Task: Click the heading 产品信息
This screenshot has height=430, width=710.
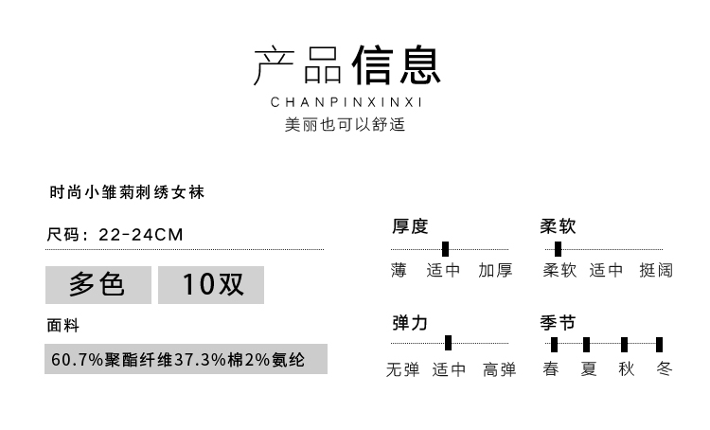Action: tap(346, 66)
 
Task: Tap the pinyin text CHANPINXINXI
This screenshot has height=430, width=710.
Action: tap(346, 102)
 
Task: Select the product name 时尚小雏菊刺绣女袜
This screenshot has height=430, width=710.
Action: tap(127, 191)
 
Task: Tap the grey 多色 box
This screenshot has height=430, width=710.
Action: tap(98, 284)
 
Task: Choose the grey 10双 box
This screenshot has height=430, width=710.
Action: tap(210, 284)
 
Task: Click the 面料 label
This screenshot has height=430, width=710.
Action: tap(62, 325)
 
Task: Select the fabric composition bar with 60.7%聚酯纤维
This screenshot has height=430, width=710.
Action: tap(186, 360)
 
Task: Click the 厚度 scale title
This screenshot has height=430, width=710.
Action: tap(410, 226)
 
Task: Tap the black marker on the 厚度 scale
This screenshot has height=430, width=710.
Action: tap(445, 249)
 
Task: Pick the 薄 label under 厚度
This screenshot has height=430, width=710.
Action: tap(399, 271)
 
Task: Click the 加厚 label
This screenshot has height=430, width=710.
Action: tap(495, 271)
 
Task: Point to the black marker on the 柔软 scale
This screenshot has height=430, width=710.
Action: tap(558, 249)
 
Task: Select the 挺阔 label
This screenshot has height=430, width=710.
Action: tap(656, 271)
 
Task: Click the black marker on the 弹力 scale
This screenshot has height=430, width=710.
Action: tap(448, 343)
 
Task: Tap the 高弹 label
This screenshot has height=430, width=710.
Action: tap(499, 369)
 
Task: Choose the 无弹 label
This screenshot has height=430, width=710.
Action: tap(402, 369)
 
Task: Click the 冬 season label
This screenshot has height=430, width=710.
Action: tap(663, 369)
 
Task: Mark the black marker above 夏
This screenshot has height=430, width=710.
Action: tap(587, 344)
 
